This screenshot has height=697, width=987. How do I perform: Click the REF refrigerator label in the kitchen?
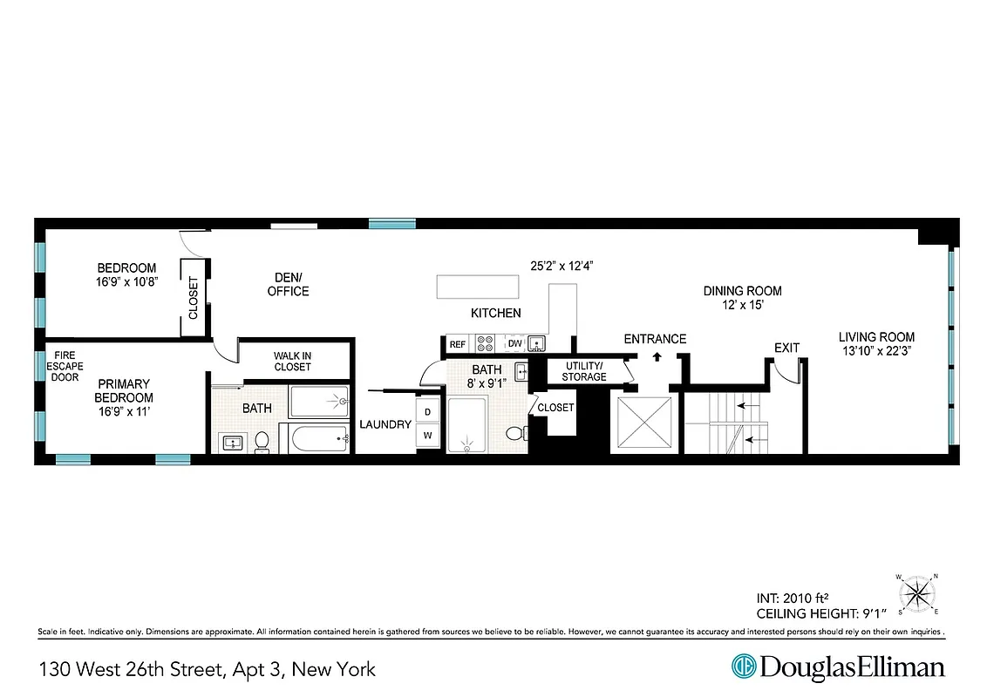(457, 345)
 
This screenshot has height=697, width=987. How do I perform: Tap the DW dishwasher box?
(514, 344)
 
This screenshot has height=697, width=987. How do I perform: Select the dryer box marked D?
(428, 411)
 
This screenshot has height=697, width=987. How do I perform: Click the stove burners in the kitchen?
(485, 344)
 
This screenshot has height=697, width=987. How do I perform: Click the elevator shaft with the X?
(644, 424)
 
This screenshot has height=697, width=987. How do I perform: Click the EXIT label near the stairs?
(786, 348)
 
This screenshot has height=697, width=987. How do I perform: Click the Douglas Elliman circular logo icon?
(743, 667)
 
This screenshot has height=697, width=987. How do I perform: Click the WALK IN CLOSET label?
(292, 362)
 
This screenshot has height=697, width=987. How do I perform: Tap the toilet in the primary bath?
(261, 443)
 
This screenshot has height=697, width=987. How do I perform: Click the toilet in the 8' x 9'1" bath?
(515, 433)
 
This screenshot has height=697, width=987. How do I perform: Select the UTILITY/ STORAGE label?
(584, 371)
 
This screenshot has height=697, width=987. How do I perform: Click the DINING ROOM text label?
(742, 291)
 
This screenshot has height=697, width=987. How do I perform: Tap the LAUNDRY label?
(385, 425)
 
